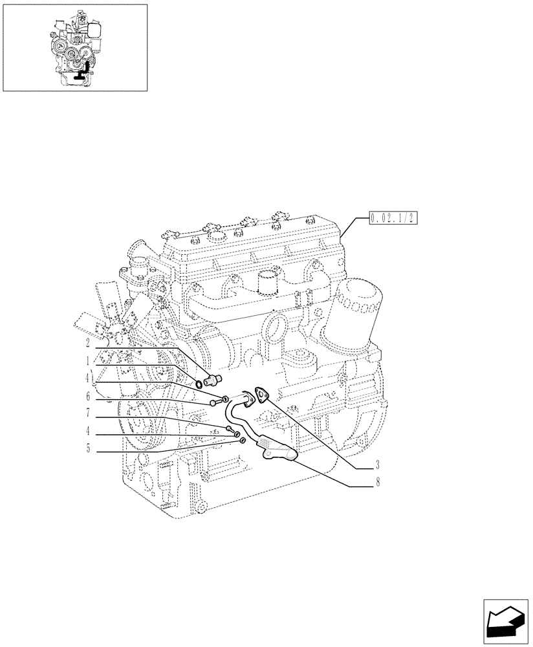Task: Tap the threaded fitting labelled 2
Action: click(212, 379)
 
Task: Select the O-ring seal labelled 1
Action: click(199, 386)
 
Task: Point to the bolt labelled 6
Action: click(213, 404)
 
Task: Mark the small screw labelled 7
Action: click(230, 429)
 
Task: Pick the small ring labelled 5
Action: click(242, 441)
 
